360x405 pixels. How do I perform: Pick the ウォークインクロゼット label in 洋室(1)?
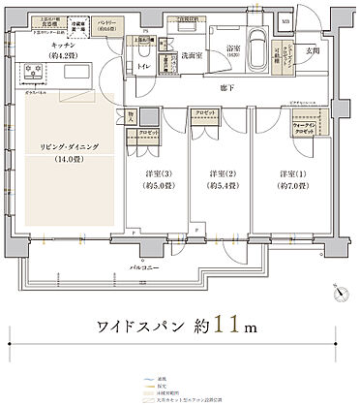point(305,128)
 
